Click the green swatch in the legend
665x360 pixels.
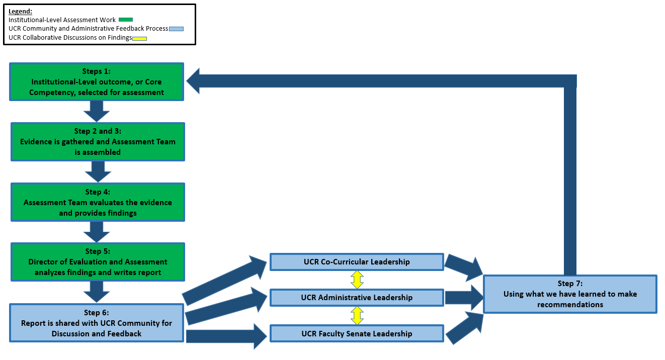click(x=125, y=20)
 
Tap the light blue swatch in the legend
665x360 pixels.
click(x=177, y=29)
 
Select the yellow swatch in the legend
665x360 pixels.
click(x=139, y=38)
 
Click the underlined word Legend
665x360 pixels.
click(x=20, y=11)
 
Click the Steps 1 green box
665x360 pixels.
click(x=97, y=81)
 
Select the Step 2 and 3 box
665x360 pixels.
click(x=98, y=142)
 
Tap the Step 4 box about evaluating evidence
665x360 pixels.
click(x=98, y=202)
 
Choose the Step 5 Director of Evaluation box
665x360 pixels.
click(x=98, y=262)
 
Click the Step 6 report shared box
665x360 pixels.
click(x=97, y=323)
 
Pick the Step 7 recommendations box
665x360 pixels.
click(x=570, y=294)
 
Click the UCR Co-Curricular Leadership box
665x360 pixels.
click(x=357, y=262)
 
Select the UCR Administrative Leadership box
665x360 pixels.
click(x=357, y=298)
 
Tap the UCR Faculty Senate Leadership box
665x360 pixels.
click(x=357, y=333)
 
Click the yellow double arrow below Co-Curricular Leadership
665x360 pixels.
click(x=357, y=280)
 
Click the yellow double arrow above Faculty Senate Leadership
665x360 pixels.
click(x=357, y=315)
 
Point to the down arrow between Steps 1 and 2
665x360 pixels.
click(x=97, y=111)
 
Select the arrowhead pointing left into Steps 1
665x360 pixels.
click(x=194, y=81)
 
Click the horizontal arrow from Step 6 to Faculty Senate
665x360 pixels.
click(x=226, y=336)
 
